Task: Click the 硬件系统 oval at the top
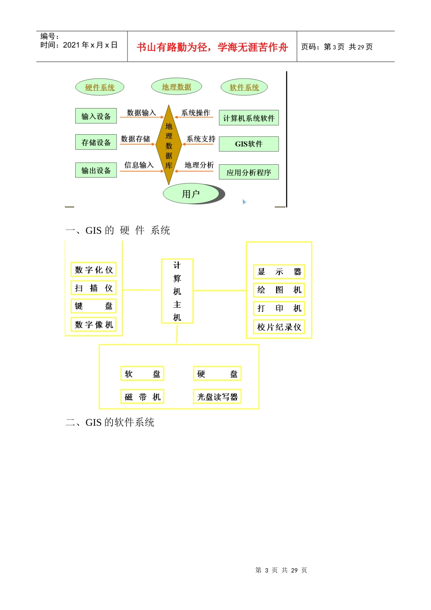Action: pos(100,87)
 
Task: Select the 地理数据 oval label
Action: pos(176,87)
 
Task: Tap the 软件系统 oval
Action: pos(244,87)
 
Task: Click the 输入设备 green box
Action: pos(96,116)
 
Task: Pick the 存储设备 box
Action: pos(96,143)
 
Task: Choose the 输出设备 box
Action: pos(96,171)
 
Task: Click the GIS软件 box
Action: pos(249,144)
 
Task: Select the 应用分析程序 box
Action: pos(249,172)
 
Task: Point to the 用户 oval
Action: pos(191,194)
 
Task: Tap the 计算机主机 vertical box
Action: pos(177,291)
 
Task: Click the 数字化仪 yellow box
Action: pos(93,270)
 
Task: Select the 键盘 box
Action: pos(93,306)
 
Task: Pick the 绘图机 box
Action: pos(279,290)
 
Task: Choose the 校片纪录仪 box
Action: pos(279,327)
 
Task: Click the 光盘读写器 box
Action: pos(217,397)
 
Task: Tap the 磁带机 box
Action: pos(142,397)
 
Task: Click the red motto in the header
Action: pos(212,47)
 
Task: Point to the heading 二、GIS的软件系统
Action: pos(110,423)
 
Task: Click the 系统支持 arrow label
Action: pos(201,139)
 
